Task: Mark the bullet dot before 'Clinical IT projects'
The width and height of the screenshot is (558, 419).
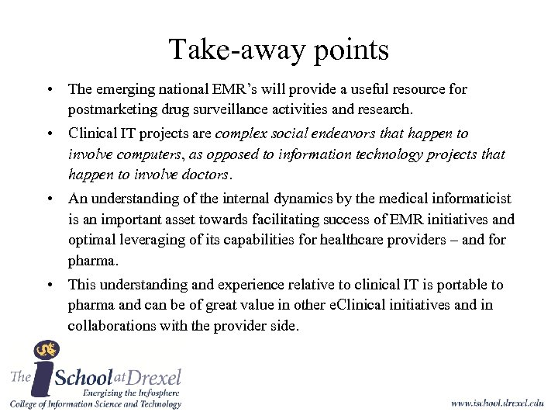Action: pos(48,133)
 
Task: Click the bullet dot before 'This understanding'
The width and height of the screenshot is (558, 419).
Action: pos(48,286)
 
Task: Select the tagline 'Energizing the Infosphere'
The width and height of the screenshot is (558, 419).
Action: pos(133,393)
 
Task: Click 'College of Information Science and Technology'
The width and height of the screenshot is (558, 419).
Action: pos(95,404)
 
